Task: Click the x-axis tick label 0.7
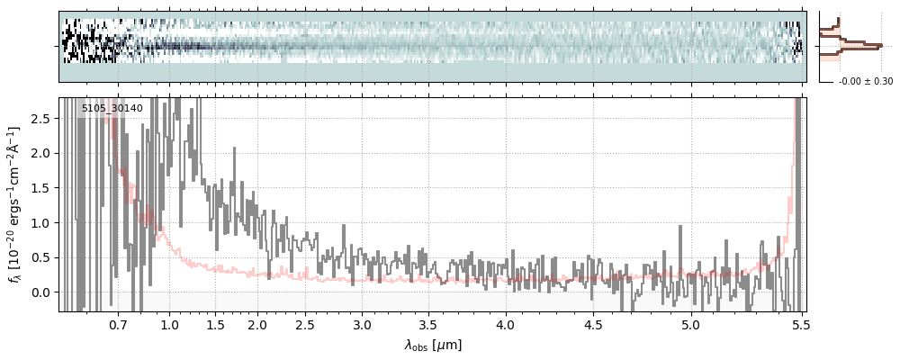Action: [118, 324]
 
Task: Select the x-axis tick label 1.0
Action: [169, 324]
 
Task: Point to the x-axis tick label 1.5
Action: [215, 324]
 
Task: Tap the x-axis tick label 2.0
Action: [257, 324]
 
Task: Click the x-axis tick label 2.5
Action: [305, 324]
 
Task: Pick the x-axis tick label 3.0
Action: [362, 324]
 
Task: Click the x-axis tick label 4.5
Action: [594, 324]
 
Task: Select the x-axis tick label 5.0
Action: [691, 324]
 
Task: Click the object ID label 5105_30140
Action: [112, 109]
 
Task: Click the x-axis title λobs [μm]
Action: [433, 345]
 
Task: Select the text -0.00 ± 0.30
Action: [865, 82]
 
